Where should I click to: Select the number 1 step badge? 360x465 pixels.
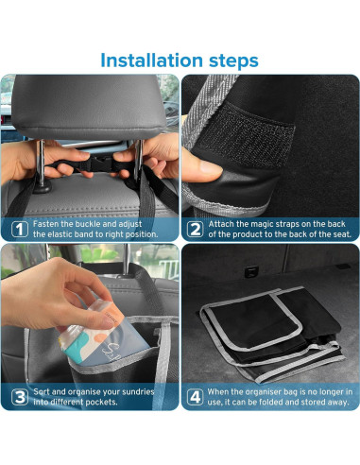tap(18, 227)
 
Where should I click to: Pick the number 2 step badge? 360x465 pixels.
tap(194, 227)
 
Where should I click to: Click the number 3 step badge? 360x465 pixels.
tap(18, 395)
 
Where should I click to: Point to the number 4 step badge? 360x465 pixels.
tap(194, 395)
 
